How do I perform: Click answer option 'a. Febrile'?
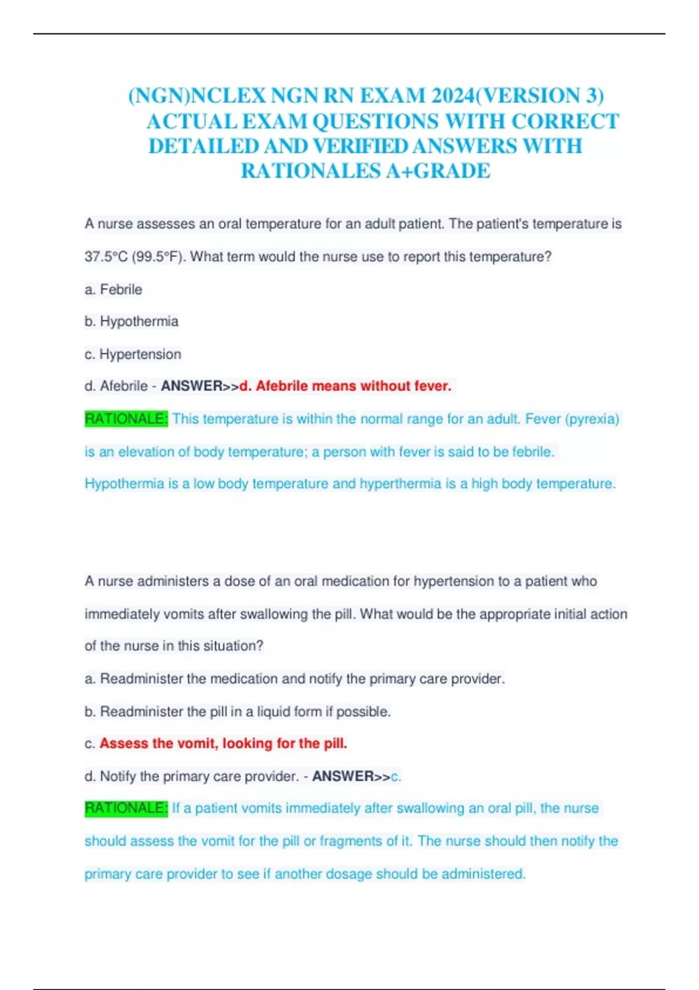tap(114, 289)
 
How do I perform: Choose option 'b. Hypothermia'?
tap(132, 321)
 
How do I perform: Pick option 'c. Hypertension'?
tap(133, 354)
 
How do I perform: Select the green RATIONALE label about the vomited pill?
tap(126, 808)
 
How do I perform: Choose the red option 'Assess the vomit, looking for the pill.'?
tap(223, 744)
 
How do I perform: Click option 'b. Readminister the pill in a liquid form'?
tap(238, 712)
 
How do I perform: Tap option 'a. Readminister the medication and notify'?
tap(295, 679)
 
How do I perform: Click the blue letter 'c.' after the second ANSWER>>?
tap(396, 776)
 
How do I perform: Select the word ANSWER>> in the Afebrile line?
tap(200, 386)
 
